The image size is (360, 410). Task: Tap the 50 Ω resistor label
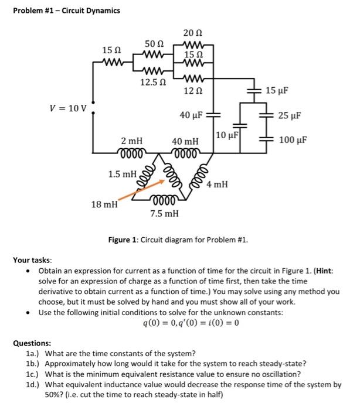pyautogui.click(x=154, y=44)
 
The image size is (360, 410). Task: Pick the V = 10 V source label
pyautogui.click(x=68, y=108)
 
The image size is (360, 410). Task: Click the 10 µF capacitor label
pyautogui.click(x=226, y=136)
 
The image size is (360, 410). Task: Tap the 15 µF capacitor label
pyautogui.click(x=279, y=91)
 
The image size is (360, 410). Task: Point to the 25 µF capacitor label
pyautogui.click(x=289, y=116)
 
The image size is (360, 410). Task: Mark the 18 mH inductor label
pyautogui.click(x=104, y=204)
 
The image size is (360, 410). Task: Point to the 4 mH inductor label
pyautogui.click(x=217, y=184)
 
